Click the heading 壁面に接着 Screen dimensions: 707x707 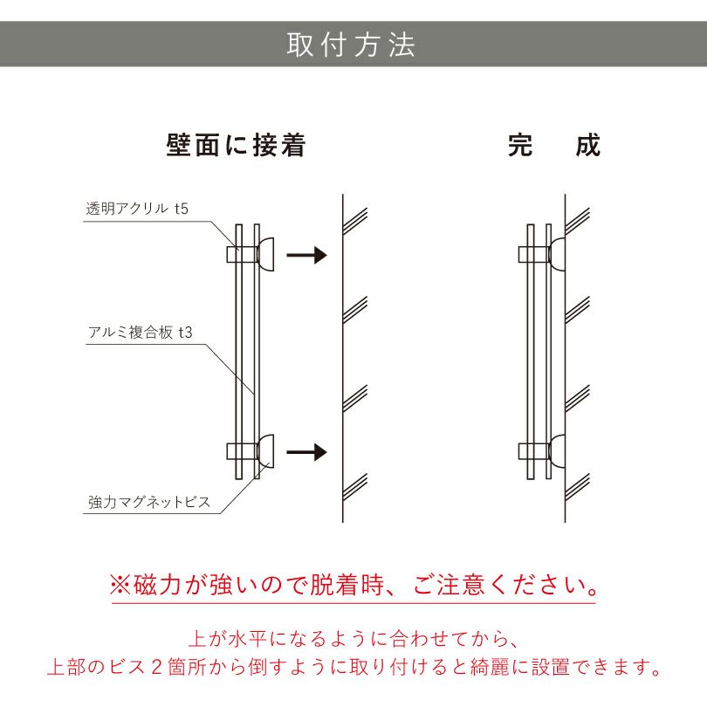coord(236,145)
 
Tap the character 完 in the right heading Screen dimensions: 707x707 coord(520,145)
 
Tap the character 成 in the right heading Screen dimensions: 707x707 coord(588,145)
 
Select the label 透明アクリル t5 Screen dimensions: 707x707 coord(137,209)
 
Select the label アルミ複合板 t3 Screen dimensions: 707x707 coord(140,333)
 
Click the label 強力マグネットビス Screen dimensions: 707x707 coord(149,503)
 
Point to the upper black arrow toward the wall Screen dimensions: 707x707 coord(307,255)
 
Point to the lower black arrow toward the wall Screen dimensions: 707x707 coord(307,452)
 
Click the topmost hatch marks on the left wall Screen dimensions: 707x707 coord(355,218)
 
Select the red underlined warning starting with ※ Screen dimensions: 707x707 coord(353,584)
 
